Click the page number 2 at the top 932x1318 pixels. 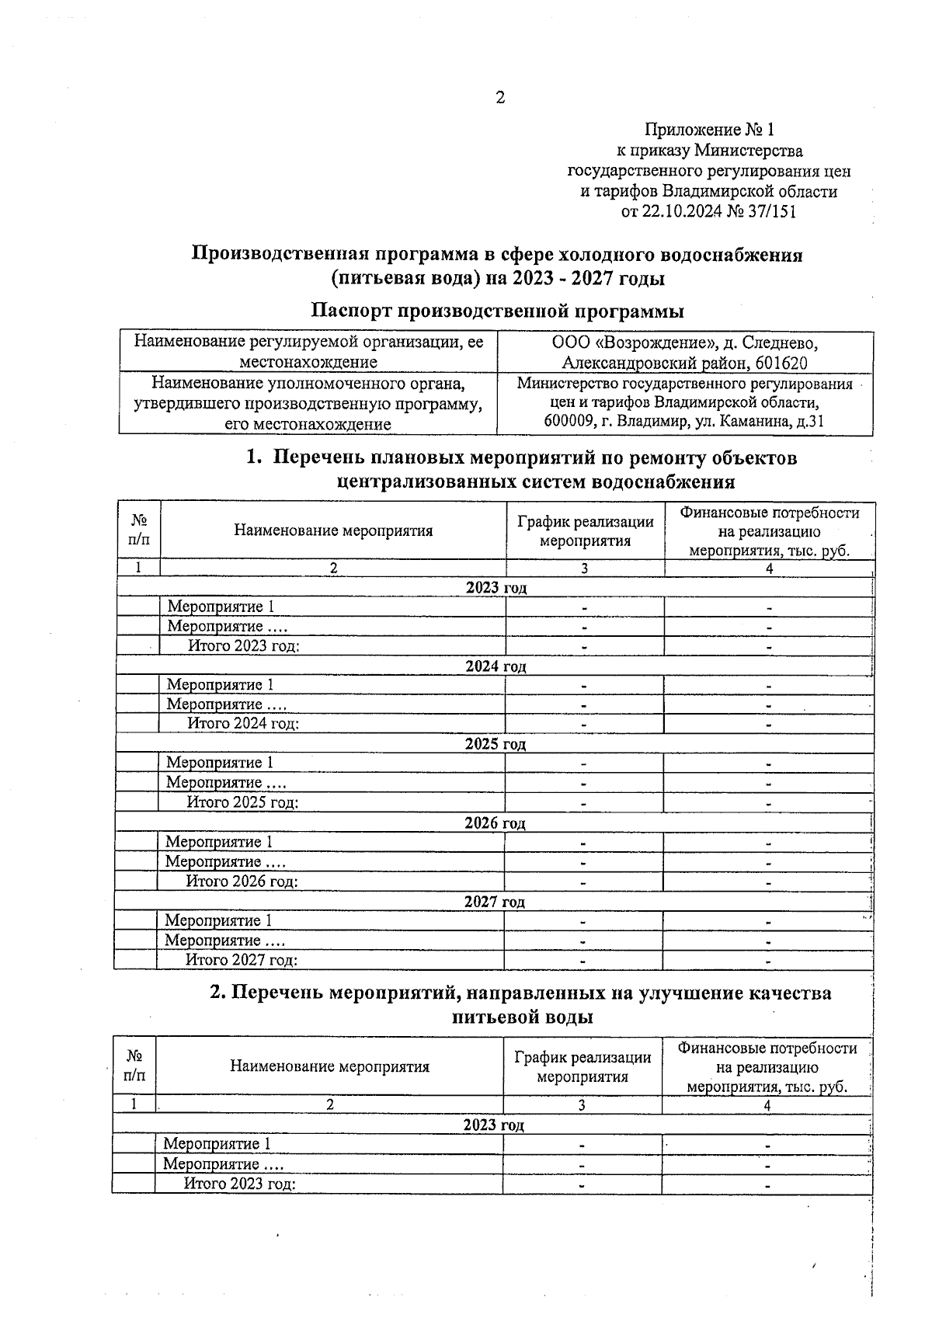(499, 98)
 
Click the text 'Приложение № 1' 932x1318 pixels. (709, 129)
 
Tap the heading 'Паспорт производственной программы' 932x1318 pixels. (497, 311)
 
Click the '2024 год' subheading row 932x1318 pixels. (496, 666)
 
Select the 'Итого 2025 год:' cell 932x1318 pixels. (242, 802)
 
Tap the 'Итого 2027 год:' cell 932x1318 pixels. (242, 960)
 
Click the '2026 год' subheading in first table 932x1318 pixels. (495, 823)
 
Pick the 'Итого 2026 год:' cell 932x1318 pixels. (242, 882)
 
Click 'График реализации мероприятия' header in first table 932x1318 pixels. (585, 531)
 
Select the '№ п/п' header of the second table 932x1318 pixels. (134, 1066)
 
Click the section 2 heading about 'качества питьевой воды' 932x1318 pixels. (521, 1005)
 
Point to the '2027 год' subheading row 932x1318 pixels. (495, 902)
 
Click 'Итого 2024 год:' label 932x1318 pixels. (243, 724)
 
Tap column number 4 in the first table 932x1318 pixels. (769, 569)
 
